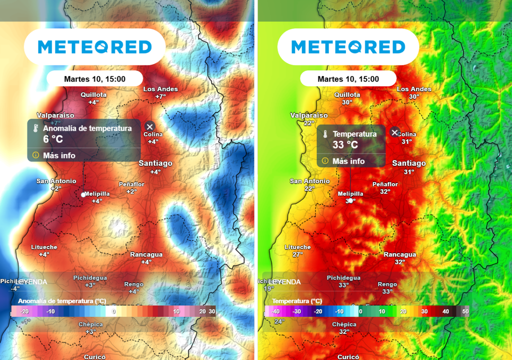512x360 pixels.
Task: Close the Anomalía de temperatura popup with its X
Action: pos(150,126)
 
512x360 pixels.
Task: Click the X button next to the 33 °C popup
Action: pos(394,132)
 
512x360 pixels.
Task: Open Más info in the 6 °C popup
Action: pos(59,155)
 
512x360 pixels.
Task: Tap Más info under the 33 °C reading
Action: pos(348,161)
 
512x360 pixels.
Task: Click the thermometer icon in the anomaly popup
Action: pos(35,128)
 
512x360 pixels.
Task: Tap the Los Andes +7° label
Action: pos(160,92)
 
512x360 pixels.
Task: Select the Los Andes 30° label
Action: pos(414,92)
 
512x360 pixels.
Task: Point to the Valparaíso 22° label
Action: pos(309,119)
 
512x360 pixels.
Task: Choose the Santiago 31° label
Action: pos(409,167)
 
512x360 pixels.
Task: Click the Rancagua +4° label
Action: pos(146,258)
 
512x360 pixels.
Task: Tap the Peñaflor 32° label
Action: pos(385,187)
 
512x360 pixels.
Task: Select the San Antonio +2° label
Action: pos(56,184)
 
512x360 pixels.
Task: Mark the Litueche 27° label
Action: pos(297,250)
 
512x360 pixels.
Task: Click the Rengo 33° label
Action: pos(387,287)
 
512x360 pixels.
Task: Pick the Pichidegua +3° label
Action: pos(90,281)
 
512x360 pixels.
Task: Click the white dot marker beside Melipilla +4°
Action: pos(83,194)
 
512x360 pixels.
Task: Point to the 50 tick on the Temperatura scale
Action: pos(465,311)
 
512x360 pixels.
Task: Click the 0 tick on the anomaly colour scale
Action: pos(113,311)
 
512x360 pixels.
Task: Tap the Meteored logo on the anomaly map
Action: pos(94,47)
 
